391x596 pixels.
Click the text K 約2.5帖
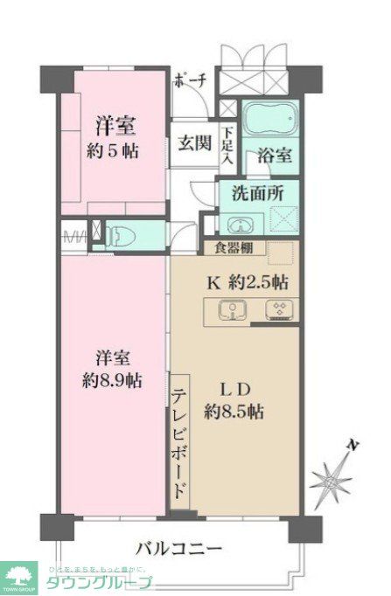[248, 281]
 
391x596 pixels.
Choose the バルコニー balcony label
[179, 549]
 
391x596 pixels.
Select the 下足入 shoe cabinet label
[227, 146]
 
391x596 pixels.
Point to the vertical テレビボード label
[178, 443]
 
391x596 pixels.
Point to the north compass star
[332, 478]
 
